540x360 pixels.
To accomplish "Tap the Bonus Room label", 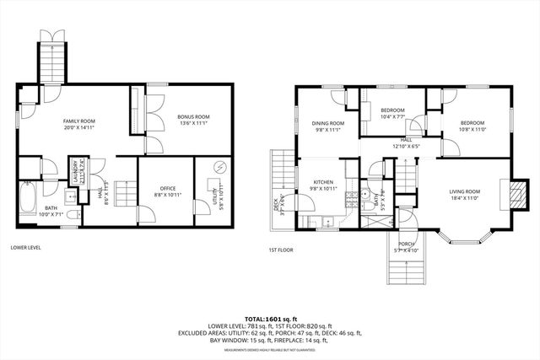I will pyautogui.click(x=193, y=116).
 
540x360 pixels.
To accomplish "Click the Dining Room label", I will pyautogui.click(x=325, y=124).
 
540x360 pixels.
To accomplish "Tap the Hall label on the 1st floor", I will pyautogui.click(x=406, y=140).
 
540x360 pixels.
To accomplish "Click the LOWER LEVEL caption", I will pyautogui.click(x=26, y=248).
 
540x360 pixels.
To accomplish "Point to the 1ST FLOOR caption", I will pyautogui.click(x=281, y=250).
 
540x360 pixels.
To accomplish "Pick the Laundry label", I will pyautogui.click(x=72, y=169).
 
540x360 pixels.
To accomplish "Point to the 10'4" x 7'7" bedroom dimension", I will pyautogui.click(x=392, y=117).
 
